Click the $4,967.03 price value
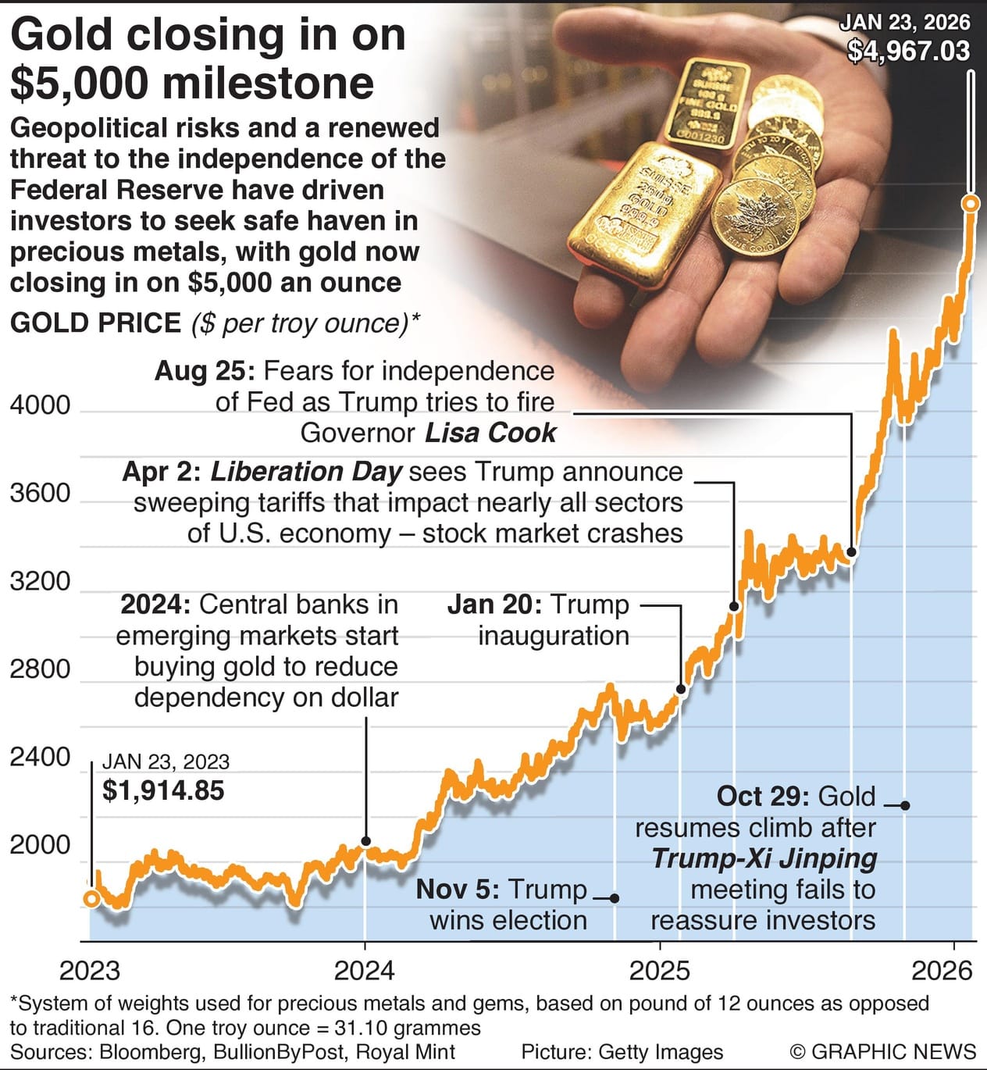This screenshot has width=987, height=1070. pyautogui.click(x=908, y=52)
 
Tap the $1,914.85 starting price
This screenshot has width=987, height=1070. pyautogui.click(x=163, y=790)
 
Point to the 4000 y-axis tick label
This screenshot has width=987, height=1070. pyautogui.click(x=40, y=405)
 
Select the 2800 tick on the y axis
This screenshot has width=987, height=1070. pyautogui.click(x=40, y=669)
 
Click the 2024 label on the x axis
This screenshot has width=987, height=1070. pyautogui.click(x=364, y=970)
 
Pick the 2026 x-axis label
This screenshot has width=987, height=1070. pyautogui.click(x=942, y=970)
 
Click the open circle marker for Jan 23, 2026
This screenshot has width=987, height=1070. pyautogui.click(x=970, y=204)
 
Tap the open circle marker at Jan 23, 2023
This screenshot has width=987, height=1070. pyautogui.click(x=91, y=899)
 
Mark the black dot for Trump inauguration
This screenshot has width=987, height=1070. pyautogui.click(x=681, y=689)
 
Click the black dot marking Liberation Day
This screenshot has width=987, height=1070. pyautogui.click(x=734, y=606)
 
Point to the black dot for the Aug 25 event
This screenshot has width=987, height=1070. pyautogui.click(x=851, y=552)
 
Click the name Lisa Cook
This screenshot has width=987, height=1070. pyautogui.click(x=490, y=433)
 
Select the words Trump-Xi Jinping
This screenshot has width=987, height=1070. pyautogui.click(x=764, y=858)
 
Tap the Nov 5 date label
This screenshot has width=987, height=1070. pyautogui.click(x=457, y=890)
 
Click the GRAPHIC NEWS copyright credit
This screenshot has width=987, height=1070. pyautogui.click(x=882, y=1052)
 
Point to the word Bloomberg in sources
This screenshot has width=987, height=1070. pyautogui.click(x=149, y=1052)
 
